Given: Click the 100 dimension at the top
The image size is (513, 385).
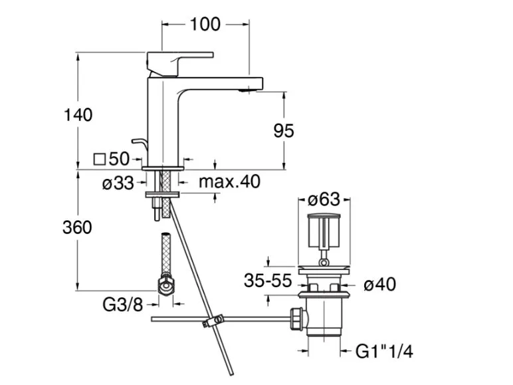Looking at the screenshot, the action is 205,25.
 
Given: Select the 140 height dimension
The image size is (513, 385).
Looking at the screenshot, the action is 78,115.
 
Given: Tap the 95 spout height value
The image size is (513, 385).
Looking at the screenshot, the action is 284,130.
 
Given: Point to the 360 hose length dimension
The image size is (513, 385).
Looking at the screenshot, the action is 77,227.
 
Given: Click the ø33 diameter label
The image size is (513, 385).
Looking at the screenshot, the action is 118,183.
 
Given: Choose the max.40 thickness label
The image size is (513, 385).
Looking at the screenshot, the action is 230,182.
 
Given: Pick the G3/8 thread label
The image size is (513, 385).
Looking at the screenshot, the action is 123,305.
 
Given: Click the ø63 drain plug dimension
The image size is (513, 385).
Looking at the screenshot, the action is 324,199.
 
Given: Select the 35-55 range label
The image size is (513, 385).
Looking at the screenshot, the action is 268,281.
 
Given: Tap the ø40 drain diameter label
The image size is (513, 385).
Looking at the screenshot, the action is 380,284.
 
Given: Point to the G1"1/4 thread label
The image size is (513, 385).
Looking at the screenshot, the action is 384,352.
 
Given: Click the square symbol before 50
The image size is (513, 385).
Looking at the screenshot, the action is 100,159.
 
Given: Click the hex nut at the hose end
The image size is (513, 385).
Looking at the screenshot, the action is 166,285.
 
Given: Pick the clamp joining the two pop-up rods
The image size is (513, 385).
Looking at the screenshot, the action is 213,321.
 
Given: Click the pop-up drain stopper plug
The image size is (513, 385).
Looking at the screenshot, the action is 324,231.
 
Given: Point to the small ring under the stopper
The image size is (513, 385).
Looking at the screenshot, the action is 324,262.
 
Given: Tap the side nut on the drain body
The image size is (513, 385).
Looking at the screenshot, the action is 297,319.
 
